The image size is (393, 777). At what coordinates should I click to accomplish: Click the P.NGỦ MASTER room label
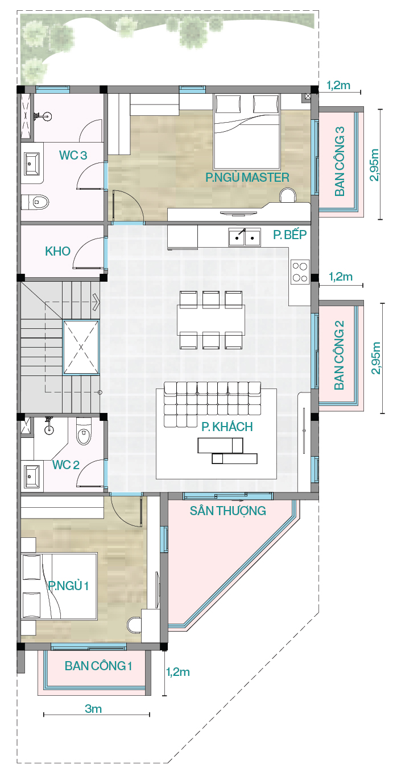[247, 177]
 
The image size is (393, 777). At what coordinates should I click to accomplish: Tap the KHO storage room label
[57, 251]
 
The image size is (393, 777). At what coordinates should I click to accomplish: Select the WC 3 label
[73, 155]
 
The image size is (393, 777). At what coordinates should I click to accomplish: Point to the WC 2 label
[65, 465]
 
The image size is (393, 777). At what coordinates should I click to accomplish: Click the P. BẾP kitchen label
[290, 235]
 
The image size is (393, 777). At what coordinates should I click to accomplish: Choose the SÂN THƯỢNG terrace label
[228, 511]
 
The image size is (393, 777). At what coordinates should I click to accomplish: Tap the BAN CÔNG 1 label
[98, 666]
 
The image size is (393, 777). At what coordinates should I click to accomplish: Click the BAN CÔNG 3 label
[340, 161]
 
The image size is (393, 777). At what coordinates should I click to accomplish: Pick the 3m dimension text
[93, 709]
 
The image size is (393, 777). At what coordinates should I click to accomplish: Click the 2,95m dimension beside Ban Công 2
[376, 358]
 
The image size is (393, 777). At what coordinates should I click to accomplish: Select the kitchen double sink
[245, 237]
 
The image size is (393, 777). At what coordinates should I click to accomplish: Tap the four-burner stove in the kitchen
[300, 272]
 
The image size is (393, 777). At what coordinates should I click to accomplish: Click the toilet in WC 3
[35, 202]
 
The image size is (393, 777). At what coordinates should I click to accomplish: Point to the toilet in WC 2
[84, 431]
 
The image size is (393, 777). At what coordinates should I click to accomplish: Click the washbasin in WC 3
[32, 164]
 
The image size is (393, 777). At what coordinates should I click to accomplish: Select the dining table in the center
[211, 319]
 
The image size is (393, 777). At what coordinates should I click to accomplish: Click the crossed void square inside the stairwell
[81, 347]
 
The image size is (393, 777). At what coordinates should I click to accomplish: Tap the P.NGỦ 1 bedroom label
[68, 586]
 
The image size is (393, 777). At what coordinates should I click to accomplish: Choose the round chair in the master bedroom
[288, 195]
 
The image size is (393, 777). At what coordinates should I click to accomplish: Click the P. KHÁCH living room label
[227, 427]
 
